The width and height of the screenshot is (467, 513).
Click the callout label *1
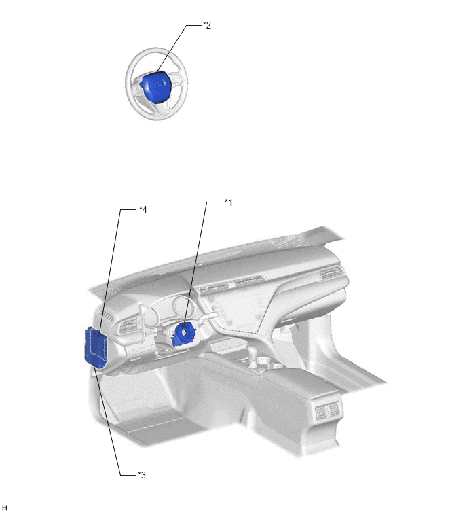click(x=229, y=202)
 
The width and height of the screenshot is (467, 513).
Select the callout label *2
click(x=207, y=25)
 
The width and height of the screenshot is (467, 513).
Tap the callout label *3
click(x=141, y=475)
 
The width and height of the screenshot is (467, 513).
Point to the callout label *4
click(x=143, y=209)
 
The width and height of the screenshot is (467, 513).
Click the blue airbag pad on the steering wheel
click(x=155, y=87)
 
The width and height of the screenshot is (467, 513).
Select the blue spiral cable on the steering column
click(x=184, y=334)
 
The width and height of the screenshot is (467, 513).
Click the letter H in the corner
click(x=4, y=508)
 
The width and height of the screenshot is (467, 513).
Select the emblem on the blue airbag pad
click(x=159, y=84)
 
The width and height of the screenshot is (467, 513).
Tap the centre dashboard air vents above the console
click(x=230, y=285)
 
